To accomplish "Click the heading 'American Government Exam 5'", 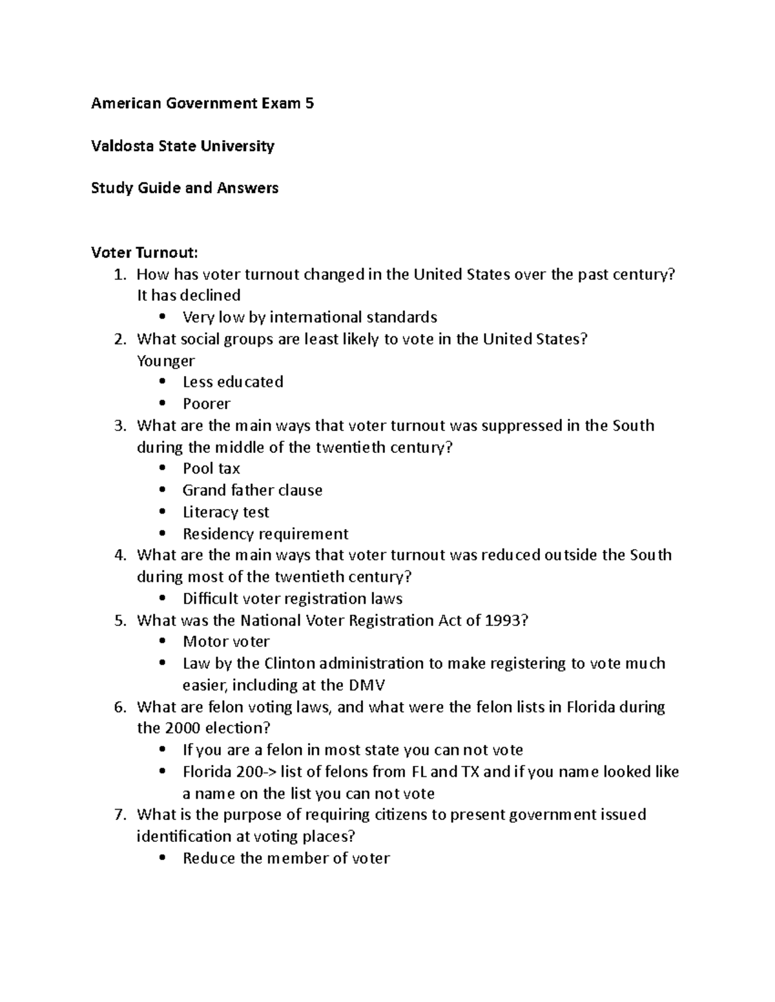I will (x=202, y=103).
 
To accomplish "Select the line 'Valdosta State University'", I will (x=183, y=146).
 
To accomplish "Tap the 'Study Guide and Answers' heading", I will (x=185, y=188).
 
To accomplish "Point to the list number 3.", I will (x=118, y=426).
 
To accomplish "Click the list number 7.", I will (x=118, y=815).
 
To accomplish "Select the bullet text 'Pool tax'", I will (x=211, y=468).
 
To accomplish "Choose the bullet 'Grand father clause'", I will (x=252, y=490).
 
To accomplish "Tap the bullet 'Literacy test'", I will (x=225, y=512).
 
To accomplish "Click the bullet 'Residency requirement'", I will (x=265, y=534).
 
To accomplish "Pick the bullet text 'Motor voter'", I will (x=226, y=642).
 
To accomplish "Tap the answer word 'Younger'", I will (x=165, y=361).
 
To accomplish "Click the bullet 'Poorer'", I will (x=206, y=404).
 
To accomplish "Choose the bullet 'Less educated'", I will (x=232, y=382).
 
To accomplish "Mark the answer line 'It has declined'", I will (x=189, y=296).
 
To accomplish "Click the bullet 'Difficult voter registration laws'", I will (x=292, y=599).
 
